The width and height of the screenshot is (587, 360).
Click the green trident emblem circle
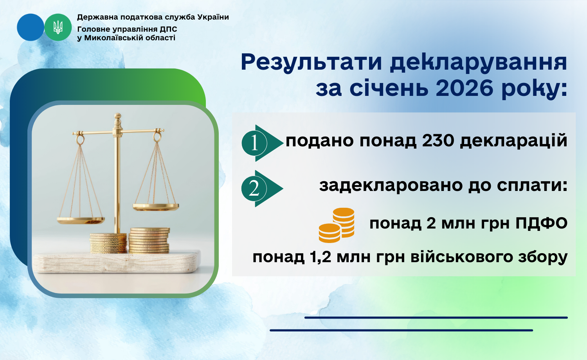coord(58,27)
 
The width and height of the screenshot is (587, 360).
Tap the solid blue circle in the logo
coord(31,27)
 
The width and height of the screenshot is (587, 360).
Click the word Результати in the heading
coord(312,63)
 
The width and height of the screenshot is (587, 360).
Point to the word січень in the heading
coord(389,88)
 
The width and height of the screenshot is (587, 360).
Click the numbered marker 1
coord(262,143)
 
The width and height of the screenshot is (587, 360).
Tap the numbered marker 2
coord(262,188)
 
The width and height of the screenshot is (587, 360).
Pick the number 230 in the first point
coord(438,140)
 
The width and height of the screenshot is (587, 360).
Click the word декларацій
coord(513,141)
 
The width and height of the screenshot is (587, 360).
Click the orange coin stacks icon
coord(337,225)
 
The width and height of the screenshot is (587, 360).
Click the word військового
coord(461,257)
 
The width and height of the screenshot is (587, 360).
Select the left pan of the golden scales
coord(81,220)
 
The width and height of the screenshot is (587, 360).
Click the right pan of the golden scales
coord(156,207)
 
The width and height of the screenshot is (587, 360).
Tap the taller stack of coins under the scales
coord(149,241)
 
